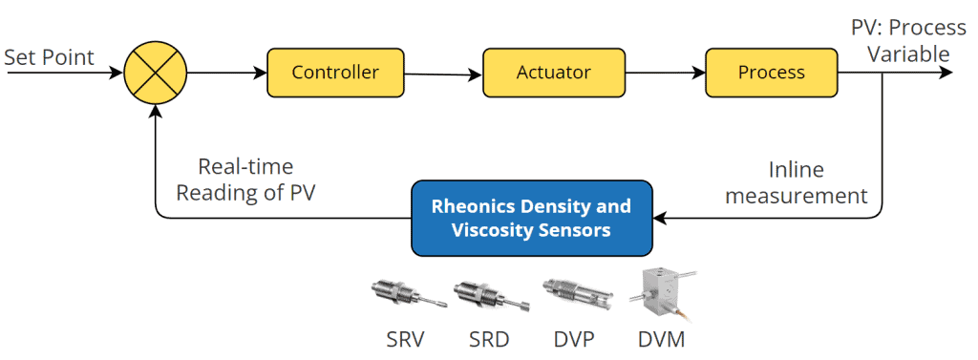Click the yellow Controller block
point(334,73)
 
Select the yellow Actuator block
point(553,73)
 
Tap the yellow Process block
point(771,73)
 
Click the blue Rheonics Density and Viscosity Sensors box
point(531,218)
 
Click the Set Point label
point(49,57)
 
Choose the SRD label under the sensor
point(488,338)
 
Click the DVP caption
point(573,338)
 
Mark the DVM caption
point(661,338)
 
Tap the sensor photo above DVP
point(575,294)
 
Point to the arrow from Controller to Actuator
point(444,74)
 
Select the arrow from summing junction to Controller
point(226,73)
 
